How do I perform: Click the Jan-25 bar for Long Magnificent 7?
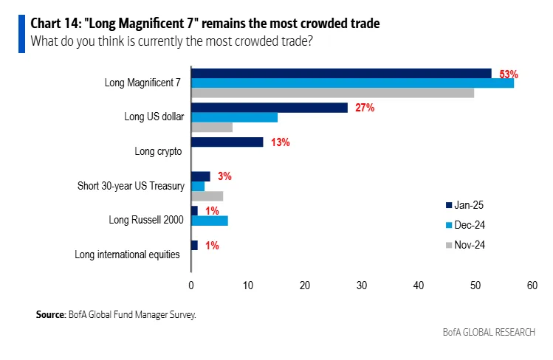pyautogui.click(x=341, y=73)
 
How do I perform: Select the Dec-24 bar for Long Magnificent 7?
pyautogui.click(x=352, y=83)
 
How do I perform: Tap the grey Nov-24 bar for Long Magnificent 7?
pyautogui.click(x=332, y=93)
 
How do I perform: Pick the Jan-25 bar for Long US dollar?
pyautogui.click(x=269, y=108)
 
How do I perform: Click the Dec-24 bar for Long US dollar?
pyautogui.click(x=234, y=117)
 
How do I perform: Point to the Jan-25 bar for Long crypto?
pyautogui.click(x=227, y=142)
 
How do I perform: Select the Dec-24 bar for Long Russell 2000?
pyautogui.click(x=210, y=221)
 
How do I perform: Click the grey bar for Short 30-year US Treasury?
pyautogui.click(x=207, y=196)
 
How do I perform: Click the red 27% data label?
pyautogui.click(x=365, y=108)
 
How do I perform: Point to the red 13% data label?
pyautogui.click(x=280, y=142)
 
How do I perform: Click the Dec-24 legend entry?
pyautogui.click(x=466, y=224)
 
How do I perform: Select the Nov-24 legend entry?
pyautogui.click(x=466, y=244)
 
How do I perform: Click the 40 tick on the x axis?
pyautogui.click(x=419, y=285)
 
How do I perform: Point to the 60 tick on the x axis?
pyautogui.click(x=532, y=285)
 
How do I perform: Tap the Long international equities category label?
pyautogui.click(x=127, y=255)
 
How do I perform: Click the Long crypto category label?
pyautogui.click(x=158, y=151)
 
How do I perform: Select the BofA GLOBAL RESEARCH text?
pyautogui.click(x=489, y=332)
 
